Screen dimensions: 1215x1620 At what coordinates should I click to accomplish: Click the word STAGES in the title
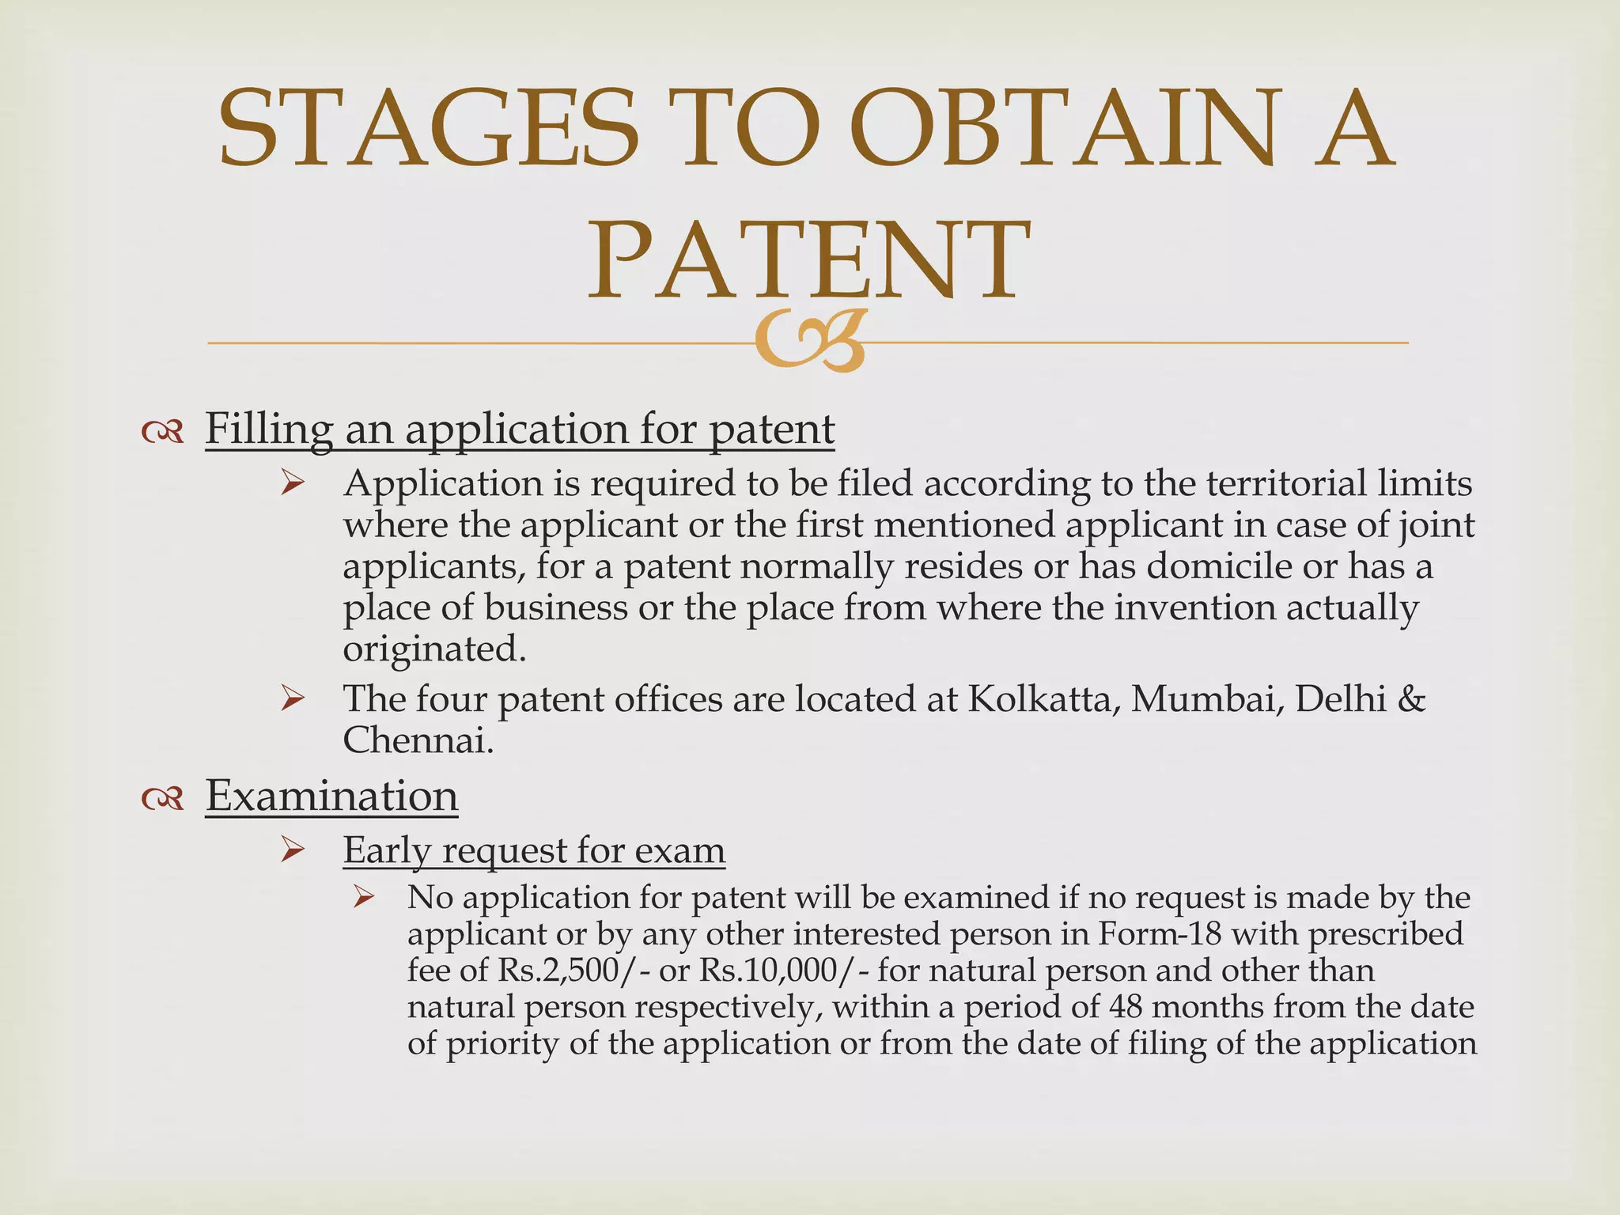428,128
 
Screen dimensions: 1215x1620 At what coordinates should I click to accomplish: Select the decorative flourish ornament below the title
809,341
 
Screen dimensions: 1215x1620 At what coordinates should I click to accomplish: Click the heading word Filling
269,430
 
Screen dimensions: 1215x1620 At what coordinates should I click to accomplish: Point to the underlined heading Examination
331,796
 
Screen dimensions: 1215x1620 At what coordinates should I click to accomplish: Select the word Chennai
418,740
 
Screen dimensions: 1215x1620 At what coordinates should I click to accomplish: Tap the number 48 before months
1130,1007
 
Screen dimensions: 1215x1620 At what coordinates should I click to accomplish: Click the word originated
434,649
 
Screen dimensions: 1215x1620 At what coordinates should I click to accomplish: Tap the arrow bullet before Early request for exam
293,851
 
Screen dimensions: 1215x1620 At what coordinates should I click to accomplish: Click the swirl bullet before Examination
163,799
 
